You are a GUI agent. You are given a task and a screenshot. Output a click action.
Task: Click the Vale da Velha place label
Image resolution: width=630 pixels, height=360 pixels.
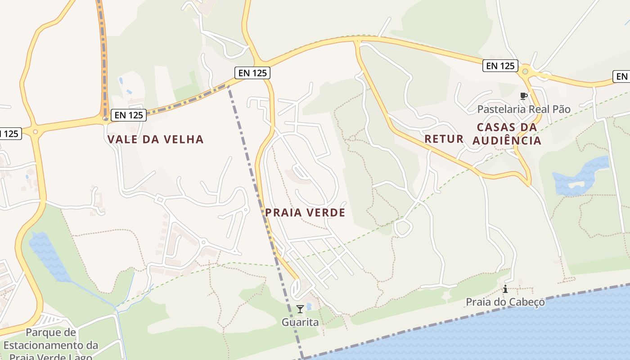pyautogui.click(x=155, y=139)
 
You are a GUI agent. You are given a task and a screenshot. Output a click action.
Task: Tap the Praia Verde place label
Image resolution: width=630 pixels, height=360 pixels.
pyautogui.click(x=305, y=212)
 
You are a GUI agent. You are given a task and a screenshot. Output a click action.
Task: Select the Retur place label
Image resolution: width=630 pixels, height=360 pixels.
pyautogui.click(x=444, y=139)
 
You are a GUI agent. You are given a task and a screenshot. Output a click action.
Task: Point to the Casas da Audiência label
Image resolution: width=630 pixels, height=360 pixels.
pyautogui.click(x=507, y=134)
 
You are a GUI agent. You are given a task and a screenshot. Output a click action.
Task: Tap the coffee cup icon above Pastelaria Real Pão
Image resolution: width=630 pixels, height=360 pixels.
pyautogui.click(x=523, y=96)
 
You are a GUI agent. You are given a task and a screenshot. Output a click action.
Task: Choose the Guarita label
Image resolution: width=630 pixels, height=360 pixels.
pyautogui.click(x=300, y=322)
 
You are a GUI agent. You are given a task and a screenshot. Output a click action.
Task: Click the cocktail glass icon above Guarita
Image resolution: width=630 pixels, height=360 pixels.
pyautogui.click(x=300, y=309)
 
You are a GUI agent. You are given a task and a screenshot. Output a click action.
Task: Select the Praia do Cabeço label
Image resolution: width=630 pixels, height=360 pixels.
pyautogui.click(x=505, y=301)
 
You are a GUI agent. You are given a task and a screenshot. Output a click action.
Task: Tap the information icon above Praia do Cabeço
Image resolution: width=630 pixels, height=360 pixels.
pyautogui.click(x=505, y=289)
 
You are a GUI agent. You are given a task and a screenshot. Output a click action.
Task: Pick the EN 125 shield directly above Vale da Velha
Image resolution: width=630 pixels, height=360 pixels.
pyautogui.click(x=129, y=115)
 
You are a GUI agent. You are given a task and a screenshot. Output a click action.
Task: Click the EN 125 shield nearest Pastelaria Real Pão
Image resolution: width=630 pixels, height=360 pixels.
pyautogui.click(x=500, y=66)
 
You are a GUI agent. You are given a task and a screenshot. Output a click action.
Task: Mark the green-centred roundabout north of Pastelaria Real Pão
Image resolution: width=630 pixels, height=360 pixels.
pyautogui.click(x=525, y=71)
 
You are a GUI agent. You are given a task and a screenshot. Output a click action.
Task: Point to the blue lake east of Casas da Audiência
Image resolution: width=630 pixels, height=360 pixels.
pyautogui.click(x=580, y=176)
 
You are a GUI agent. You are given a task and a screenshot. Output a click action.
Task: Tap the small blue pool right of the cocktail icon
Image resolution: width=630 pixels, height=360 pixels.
pyautogui.click(x=309, y=306)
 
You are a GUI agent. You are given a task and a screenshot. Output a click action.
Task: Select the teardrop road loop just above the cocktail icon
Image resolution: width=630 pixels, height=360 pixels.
pyautogui.click(x=297, y=288)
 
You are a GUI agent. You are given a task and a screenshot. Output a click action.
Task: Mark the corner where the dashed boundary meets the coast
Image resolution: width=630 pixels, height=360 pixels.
pyautogui.click(x=303, y=358)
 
